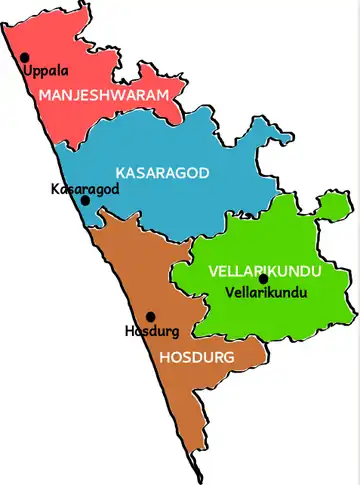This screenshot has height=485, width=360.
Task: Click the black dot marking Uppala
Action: coord(25,58)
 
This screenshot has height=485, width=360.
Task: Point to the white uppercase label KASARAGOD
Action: coord(162,173)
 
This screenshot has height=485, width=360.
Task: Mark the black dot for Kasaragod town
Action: coord(86,200)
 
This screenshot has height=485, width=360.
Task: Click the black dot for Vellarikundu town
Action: coord(263,279)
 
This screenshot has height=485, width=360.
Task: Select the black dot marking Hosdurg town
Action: coord(151,316)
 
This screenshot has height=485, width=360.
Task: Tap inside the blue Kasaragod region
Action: coord(180,140)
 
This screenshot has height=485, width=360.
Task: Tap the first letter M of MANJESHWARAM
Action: coord(45,94)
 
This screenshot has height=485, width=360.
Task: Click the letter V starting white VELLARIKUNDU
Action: coord(213,271)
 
